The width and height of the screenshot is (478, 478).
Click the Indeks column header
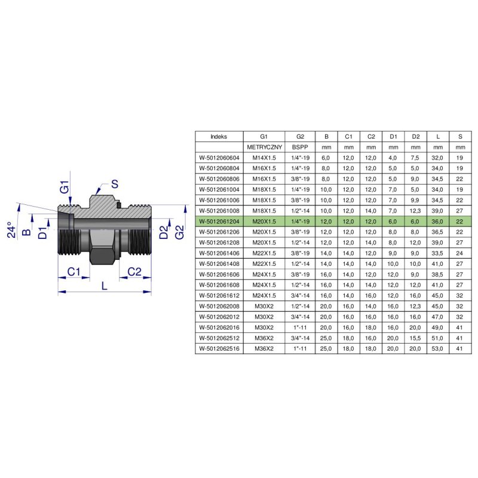(219, 137)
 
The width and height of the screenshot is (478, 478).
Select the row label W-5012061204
(219, 221)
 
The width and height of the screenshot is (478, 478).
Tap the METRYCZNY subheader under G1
(264, 147)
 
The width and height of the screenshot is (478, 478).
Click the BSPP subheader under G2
(300, 147)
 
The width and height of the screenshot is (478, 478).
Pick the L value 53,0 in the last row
(437, 348)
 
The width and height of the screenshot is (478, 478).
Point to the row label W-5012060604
(219, 158)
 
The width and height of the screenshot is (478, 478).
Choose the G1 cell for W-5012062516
(264, 348)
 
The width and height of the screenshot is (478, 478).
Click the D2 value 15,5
(415, 338)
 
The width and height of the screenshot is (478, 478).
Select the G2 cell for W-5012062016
(300, 327)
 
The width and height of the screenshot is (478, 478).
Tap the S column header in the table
(460, 137)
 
